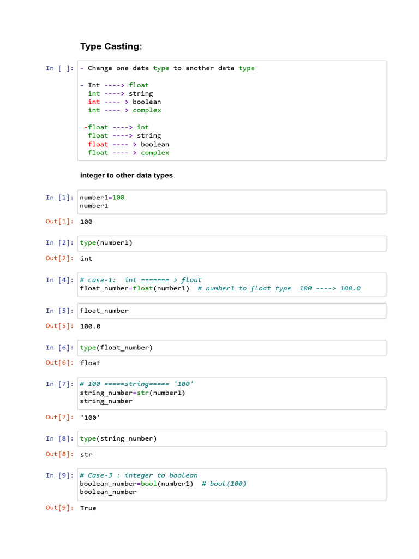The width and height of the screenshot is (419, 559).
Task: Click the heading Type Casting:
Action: [111, 46]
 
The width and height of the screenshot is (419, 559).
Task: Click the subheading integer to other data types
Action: [126, 175]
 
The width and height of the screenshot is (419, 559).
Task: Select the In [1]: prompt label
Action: [59, 198]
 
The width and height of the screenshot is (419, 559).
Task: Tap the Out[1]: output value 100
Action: [86, 222]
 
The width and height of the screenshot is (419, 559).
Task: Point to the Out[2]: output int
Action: [86, 258]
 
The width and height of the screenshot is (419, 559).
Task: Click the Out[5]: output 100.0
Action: [90, 326]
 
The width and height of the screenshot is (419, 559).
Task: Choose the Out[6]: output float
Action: [90, 363]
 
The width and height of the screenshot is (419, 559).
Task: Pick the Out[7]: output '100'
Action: [90, 418]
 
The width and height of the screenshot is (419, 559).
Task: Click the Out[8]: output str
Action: [86, 455]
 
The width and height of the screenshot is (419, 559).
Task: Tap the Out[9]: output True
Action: [88, 508]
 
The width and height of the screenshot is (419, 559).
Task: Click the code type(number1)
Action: [106, 243]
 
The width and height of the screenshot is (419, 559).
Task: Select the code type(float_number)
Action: [116, 348]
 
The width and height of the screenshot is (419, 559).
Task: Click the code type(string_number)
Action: [118, 438]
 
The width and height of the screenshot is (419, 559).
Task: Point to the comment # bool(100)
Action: [224, 484]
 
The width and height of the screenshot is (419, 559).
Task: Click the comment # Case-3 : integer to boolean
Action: [139, 475]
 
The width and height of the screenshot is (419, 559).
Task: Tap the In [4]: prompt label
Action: [59, 280]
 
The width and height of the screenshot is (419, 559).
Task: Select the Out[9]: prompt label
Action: [59, 508]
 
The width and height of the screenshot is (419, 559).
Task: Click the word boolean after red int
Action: [147, 102]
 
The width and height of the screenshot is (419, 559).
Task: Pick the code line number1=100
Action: [102, 198]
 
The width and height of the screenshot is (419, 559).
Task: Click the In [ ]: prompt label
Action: [59, 68]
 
